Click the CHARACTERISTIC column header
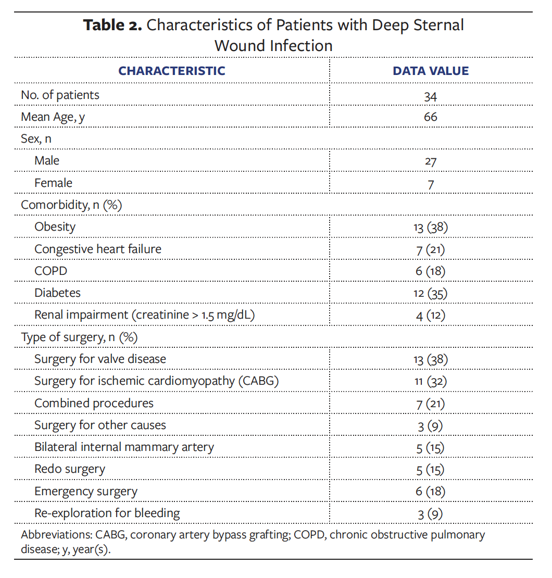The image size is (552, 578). (x=171, y=71)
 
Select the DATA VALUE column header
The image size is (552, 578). (x=430, y=71)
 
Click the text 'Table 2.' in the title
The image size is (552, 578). (x=112, y=25)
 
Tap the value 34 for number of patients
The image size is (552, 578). (x=430, y=96)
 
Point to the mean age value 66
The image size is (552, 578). (x=430, y=117)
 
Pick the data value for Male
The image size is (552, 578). (x=430, y=161)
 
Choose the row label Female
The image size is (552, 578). (x=53, y=183)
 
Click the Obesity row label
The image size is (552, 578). (x=55, y=227)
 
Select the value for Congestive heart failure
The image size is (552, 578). (x=430, y=249)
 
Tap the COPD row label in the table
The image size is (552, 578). (x=51, y=271)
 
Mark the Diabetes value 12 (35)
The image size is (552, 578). (x=430, y=293)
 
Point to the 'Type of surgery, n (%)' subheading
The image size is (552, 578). (x=79, y=337)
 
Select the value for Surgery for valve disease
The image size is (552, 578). (x=430, y=359)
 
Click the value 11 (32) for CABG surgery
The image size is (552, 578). (x=430, y=382)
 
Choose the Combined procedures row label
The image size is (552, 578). (x=94, y=404)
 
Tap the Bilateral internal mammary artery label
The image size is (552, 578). (x=124, y=447)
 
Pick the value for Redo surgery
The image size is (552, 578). (x=430, y=470)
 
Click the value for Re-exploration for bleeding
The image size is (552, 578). (x=430, y=514)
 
